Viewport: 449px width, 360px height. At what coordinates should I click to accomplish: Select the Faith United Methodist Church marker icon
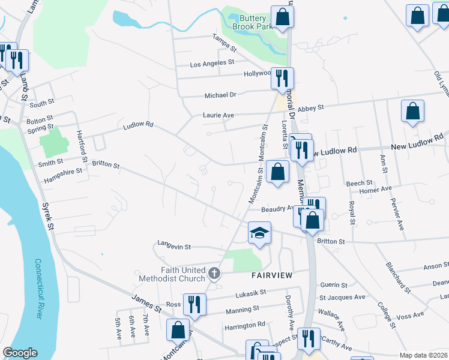pyautogui.click(x=214, y=275)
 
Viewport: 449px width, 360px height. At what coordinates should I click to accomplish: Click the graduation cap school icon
pyautogui.click(x=260, y=233)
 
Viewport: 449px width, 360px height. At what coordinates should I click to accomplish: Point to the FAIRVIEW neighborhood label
pyautogui.click(x=271, y=275)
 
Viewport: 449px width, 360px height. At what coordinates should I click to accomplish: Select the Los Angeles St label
pyautogui.click(x=211, y=63)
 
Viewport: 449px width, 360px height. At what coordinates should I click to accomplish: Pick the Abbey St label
pyautogui.click(x=311, y=107)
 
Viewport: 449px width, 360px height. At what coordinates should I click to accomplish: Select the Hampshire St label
pyautogui.click(x=62, y=179)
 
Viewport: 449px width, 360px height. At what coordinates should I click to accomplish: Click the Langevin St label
pyautogui.click(x=174, y=245)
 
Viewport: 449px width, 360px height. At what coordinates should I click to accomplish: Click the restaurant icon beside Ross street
pyautogui.click(x=193, y=304)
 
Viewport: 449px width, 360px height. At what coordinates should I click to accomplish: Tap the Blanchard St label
pyautogui.click(x=398, y=278)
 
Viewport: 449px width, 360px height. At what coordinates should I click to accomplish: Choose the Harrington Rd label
pyautogui.click(x=244, y=325)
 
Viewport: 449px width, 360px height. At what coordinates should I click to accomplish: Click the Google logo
pyautogui.click(x=20, y=352)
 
